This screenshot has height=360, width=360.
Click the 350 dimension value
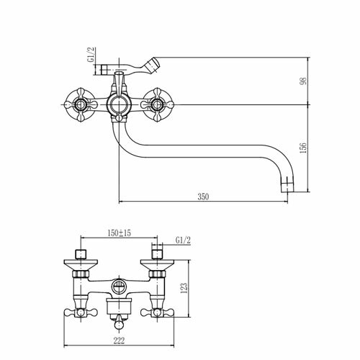(203, 197)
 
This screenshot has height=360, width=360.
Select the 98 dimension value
(303, 81)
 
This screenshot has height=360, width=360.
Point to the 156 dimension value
(303, 148)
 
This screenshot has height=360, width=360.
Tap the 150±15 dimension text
(120, 233)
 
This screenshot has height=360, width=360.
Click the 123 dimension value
(184, 288)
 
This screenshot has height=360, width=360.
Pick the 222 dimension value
(120, 341)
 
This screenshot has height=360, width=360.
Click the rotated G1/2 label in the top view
(91, 55)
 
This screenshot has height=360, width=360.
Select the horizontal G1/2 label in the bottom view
(183, 240)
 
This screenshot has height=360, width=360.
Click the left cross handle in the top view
(81, 105)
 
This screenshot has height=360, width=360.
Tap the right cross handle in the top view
(157, 105)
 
